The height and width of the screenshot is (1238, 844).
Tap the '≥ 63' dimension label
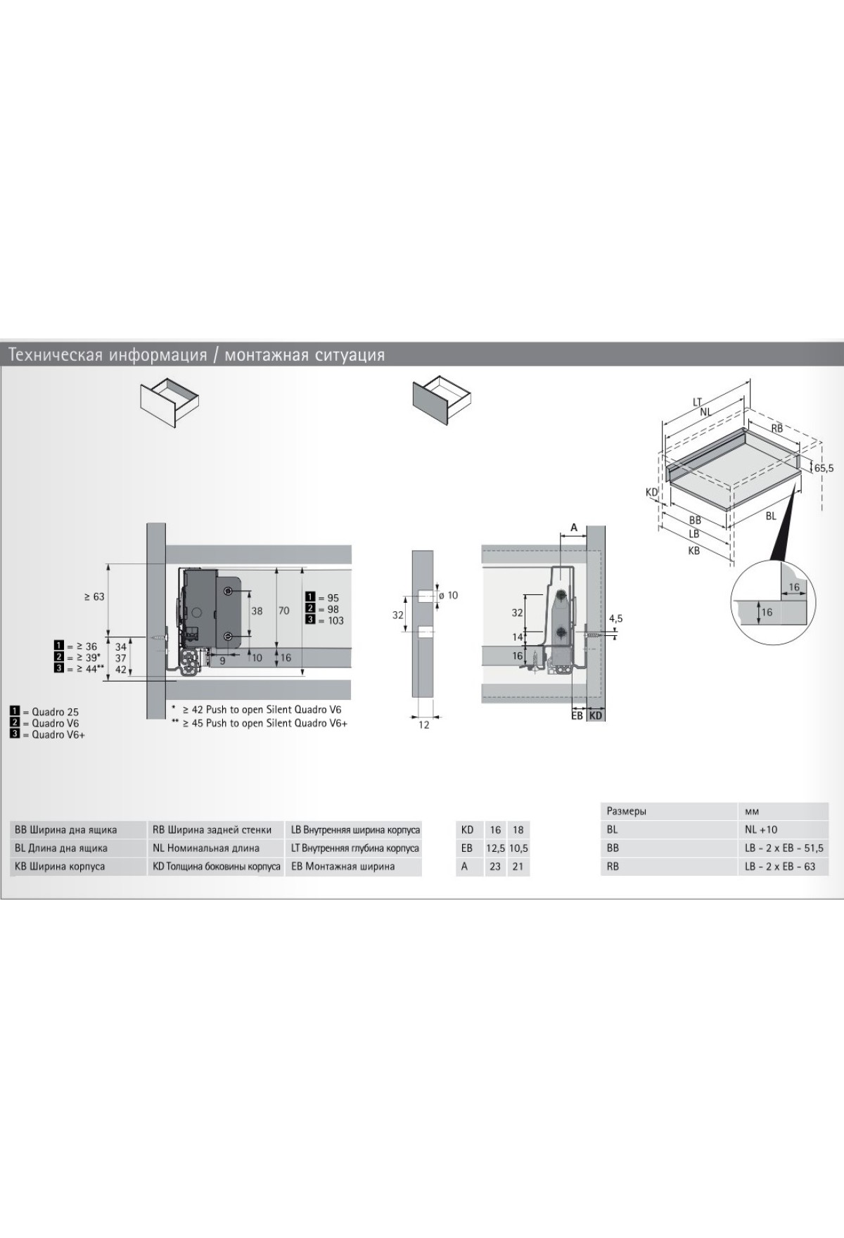click(x=94, y=596)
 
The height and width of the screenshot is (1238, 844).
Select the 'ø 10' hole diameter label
click(x=447, y=595)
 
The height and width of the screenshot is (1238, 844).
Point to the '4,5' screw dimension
click(x=615, y=618)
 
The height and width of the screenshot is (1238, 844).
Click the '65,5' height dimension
click(x=824, y=468)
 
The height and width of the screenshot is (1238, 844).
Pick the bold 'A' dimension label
click(x=574, y=527)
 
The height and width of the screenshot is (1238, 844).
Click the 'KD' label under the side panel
click(x=596, y=715)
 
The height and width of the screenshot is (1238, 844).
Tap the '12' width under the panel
click(x=423, y=725)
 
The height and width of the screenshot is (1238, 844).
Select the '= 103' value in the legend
click(x=331, y=620)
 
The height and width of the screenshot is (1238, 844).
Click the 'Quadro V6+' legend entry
click(x=58, y=735)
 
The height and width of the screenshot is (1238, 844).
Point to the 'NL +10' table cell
click(x=761, y=829)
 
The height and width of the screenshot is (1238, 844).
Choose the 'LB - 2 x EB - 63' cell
click(x=780, y=866)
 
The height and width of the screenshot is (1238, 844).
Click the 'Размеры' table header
click(x=627, y=811)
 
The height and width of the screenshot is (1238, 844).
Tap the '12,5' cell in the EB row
click(x=495, y=848)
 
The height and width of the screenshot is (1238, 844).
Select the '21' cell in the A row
click(x=518, y=866)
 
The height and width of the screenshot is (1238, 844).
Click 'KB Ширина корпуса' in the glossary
click(x=60, y=866)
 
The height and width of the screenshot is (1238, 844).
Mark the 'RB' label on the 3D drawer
click(x=776, y=428)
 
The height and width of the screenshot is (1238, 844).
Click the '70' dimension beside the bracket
click(x=283, y=611)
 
